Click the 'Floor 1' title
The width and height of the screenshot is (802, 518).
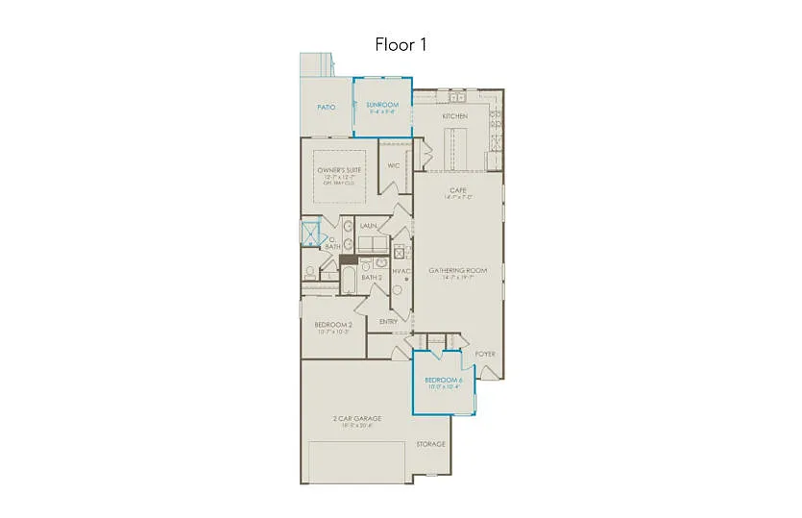tap(401, 44)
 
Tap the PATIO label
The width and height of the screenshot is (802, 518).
tap(327, 107)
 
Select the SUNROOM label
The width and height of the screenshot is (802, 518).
tap(382, 104)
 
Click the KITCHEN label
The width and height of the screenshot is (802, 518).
tap(454, 116)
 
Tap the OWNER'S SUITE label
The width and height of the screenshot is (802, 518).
tap(336, 170)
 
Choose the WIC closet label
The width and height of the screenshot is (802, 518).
tap(393, 165)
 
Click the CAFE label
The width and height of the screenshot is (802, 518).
tap(457, 190)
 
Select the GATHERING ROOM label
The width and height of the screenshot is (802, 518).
tap(457, 270)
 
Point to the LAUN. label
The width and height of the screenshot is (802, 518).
tap(367, 226)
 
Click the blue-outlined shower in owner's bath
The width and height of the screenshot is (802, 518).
tap(310, 234)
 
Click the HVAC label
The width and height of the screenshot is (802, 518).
tap(402, 270)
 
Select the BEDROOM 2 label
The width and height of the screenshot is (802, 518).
tap(333, 325)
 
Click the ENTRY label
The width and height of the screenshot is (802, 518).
tap(388, 321)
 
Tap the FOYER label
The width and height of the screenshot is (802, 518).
tap(486, 354)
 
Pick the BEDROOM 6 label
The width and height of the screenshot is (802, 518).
tap(444, 381)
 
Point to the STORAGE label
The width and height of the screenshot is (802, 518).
tap(430, 444)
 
